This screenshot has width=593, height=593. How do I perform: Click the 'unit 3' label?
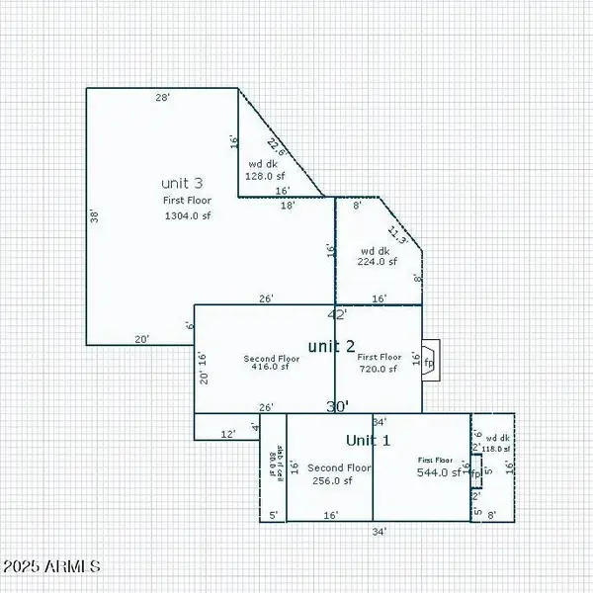click(182, 183)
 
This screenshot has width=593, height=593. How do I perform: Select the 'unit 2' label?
click(331, 345)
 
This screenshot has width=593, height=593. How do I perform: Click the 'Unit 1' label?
click(368, 440)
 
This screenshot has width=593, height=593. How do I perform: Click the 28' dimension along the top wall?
click(163, 98)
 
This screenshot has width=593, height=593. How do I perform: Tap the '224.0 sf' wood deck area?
click(377, 262)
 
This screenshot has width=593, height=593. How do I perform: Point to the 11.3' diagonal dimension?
click(397, 234)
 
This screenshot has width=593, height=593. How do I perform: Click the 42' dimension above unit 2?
click(337, 314)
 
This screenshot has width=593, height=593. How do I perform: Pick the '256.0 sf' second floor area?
click(332, 480)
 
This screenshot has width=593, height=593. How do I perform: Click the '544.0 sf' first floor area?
click(440, 472)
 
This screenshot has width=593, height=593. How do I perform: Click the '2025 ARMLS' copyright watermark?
click(51, 567)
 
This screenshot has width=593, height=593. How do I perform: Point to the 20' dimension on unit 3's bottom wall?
click(142, 339)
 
